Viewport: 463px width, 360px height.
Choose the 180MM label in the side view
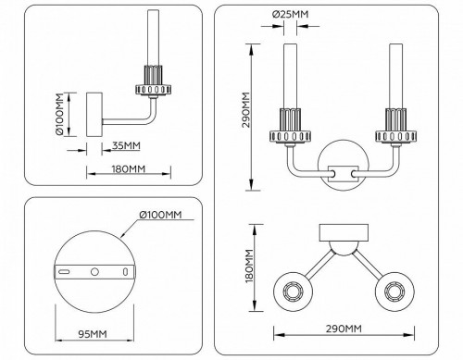pyautogui.click(x=126, y=169)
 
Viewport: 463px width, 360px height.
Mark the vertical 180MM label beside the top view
pyautogui.click(x=249, y=267)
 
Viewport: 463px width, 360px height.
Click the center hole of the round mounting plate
pyautogui.click(x=93, y=272)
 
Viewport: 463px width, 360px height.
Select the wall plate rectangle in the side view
pyautogui.click(x=94, y=115)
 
